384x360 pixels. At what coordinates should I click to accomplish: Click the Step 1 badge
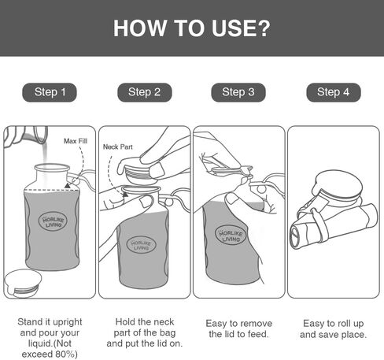click(x=50, y=92)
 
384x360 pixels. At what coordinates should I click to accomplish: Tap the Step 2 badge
click(x=145, y=92)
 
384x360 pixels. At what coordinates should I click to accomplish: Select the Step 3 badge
click(x=238, y=92)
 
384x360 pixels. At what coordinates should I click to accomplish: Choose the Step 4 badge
click(x=334, y=92)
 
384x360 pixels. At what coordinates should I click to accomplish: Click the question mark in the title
click(x=264, y=28)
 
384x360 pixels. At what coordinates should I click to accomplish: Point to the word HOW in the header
click(x=140, y=28)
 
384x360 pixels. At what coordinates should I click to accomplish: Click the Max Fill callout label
click(x=76, y=141)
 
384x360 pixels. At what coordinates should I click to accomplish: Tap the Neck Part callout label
click(x=118, y=147)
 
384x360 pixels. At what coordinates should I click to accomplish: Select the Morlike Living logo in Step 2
click(x=141, y=245)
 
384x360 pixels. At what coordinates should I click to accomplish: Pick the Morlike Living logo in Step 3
click(x=231, y=236)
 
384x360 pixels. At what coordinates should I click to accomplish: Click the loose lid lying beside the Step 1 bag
click(x=24, y=283)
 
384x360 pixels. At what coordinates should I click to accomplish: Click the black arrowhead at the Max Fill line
click(x=68, y=186)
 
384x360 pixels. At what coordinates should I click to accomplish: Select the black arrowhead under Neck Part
click(x=125, y=194)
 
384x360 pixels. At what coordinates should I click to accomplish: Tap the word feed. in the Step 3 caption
click(x=258, y=334)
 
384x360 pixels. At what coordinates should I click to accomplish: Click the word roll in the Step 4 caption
click(x=344, y=323)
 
